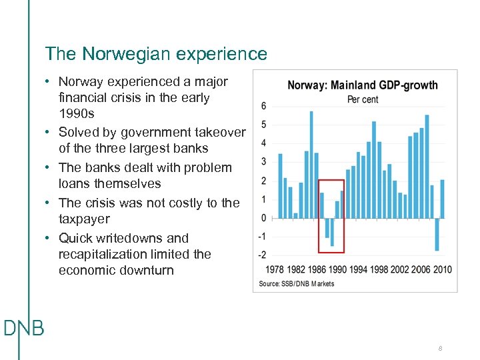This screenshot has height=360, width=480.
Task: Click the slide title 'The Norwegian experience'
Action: [155, 54]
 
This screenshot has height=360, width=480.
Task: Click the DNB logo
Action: [23, 328]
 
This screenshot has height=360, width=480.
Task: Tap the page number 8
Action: [440, 349]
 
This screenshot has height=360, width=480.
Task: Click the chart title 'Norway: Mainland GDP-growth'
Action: [363, 85]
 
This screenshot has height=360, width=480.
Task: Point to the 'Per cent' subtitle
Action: [363, 99]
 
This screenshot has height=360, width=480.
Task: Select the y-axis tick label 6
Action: [264, 106]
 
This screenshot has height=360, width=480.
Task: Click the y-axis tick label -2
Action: [262, 255]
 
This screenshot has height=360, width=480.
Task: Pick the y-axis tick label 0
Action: [264, 218]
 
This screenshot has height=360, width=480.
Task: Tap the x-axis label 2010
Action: [441, 270]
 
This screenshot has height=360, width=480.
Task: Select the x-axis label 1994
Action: [359, 270]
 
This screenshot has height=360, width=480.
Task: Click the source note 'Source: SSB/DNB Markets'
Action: [297, 283]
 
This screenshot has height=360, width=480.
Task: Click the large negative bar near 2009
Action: [437, 234]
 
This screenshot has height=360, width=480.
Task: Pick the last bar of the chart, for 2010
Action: [443, 199]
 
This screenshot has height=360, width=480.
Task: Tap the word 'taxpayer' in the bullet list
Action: [84, 219]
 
